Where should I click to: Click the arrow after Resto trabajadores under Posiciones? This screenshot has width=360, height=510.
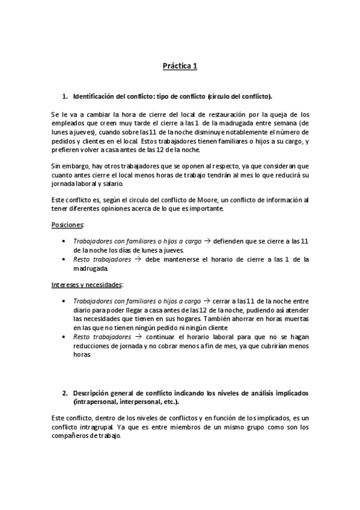[136, 260]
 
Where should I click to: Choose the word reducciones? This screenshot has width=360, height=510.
[92, 346]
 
